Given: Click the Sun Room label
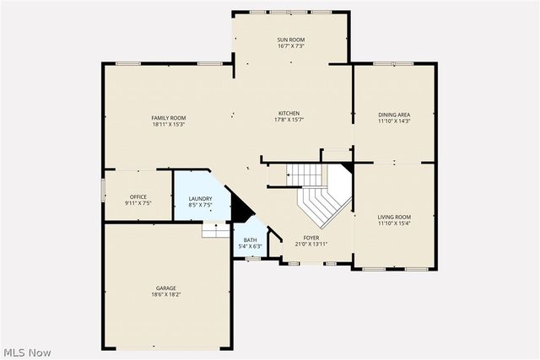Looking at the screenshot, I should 291,39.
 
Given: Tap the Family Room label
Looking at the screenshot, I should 169,117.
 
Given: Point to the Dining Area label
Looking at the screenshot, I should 394,115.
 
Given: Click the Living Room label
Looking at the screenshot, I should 394,217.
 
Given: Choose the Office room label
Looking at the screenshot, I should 138,196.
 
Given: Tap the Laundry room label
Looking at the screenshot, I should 200,197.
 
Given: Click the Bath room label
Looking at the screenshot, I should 251,239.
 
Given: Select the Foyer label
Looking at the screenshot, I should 311,238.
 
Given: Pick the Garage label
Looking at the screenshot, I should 165,287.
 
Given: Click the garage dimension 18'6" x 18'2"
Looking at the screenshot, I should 165,294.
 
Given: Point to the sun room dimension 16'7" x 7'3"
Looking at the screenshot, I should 291,46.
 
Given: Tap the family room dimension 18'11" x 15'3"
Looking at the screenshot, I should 169,124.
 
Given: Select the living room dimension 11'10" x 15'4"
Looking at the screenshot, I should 394,223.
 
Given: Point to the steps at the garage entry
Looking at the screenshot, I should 216,230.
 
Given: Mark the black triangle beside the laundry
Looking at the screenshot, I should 241,207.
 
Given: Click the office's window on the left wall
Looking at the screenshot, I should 103,190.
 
